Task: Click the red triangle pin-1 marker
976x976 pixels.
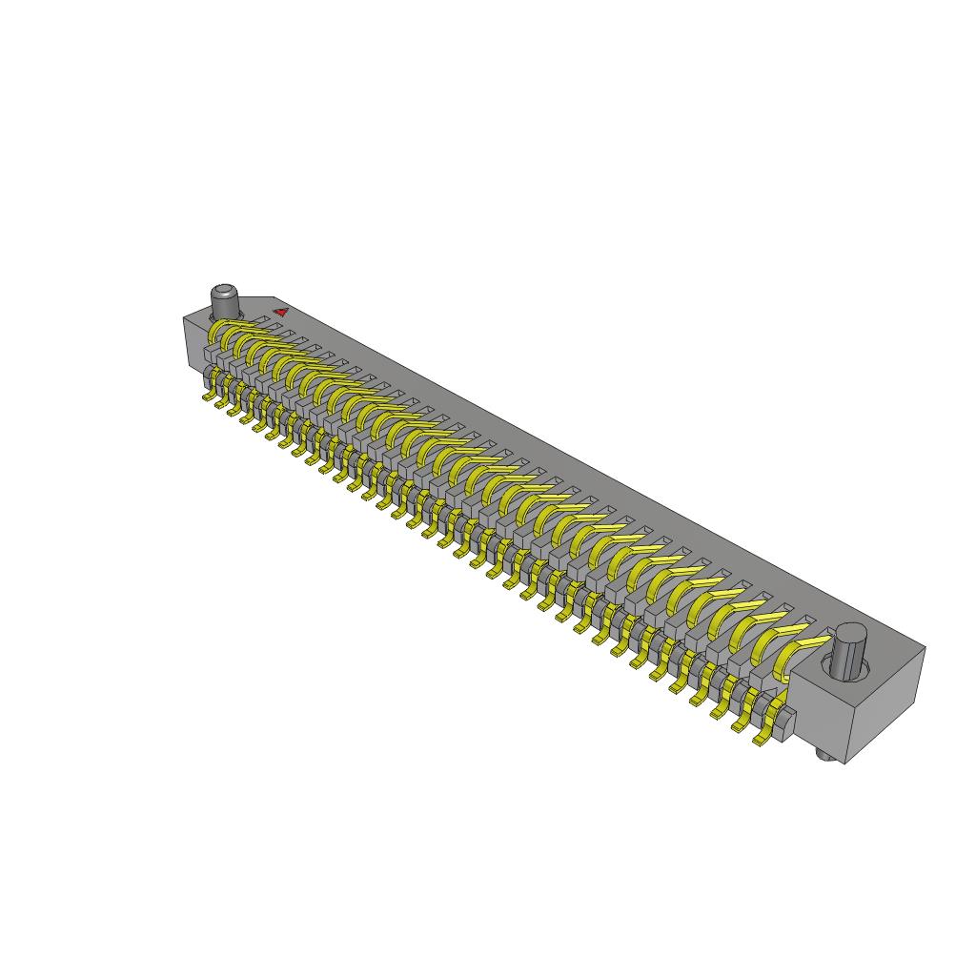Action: point(281,311)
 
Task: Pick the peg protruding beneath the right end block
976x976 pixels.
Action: point(826,756)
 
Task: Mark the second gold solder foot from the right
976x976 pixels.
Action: point(741,725)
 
